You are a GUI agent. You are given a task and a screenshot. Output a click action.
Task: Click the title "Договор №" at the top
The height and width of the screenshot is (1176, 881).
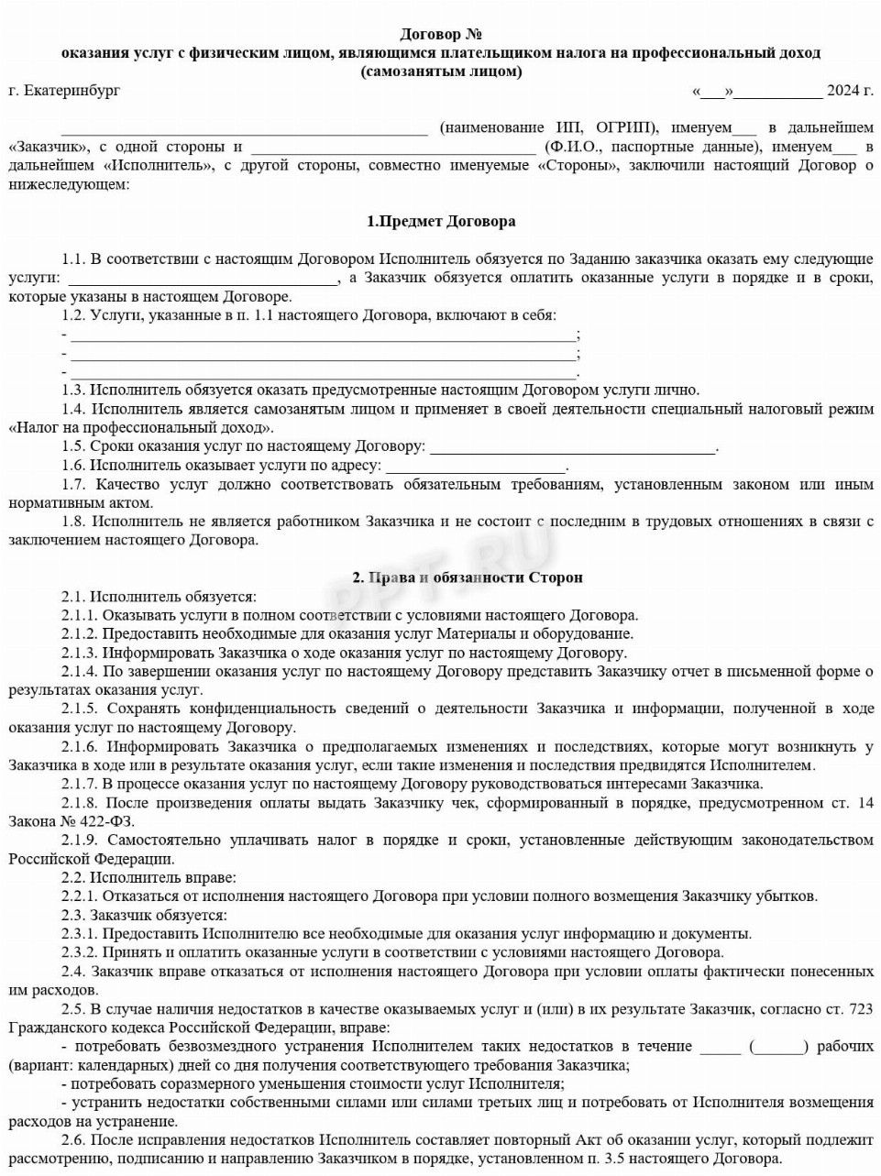tap(441, 35)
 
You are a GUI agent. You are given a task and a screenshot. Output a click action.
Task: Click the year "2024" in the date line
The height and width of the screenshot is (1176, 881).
tap(842, 91)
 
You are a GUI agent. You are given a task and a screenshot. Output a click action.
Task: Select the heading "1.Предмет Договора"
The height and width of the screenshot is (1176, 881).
tap(441, 221)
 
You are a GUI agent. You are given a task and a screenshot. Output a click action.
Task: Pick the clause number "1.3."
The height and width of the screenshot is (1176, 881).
tap(74, 390)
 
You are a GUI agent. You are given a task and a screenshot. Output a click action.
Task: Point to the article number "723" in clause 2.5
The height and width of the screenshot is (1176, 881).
tap(861, 1009)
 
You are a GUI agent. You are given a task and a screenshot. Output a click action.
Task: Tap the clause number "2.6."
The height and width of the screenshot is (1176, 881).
tap(74, 1140)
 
